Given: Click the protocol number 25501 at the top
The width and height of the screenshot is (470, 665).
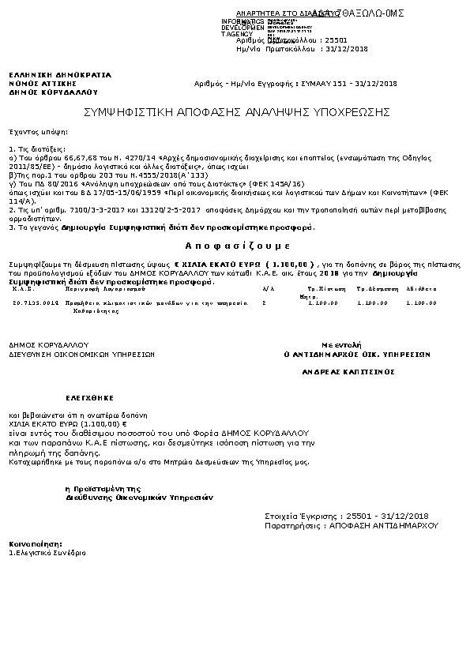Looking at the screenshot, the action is tap(337, 39).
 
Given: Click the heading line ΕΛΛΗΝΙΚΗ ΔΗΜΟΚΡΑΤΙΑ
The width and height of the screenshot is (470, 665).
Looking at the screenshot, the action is tap(60, 75).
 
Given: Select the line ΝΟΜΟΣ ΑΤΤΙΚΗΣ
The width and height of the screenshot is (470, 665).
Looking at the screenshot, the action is tap(43, 83).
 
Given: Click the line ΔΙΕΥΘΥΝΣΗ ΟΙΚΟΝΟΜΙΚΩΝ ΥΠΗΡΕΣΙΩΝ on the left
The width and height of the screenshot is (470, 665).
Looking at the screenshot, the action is tap(81, 355).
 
